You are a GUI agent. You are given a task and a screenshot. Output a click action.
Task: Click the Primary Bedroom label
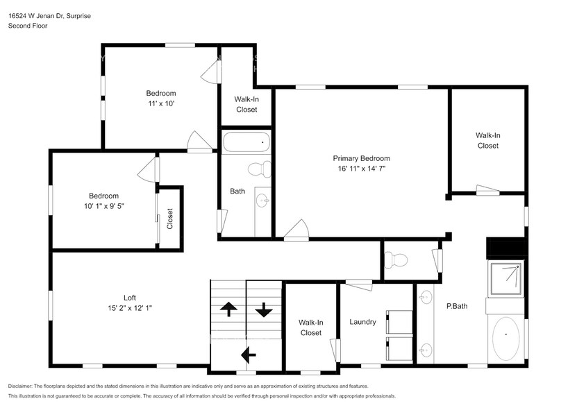tap(361, 158)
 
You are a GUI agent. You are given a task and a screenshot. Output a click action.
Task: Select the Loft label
tap(129, 298)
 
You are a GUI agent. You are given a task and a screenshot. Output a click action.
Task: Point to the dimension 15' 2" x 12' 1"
tap(129, 308)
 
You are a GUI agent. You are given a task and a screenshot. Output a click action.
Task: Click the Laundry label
tap(362, 322)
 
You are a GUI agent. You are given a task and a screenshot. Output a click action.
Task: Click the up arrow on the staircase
tap(228, 309)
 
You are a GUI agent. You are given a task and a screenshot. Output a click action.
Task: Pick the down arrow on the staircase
tap(263, 309)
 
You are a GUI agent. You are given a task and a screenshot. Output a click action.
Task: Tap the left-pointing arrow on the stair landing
tap(247, 355)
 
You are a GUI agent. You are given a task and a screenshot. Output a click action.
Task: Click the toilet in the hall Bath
tap(260, 169)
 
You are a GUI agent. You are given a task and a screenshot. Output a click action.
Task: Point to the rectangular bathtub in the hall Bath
tap(246, 142)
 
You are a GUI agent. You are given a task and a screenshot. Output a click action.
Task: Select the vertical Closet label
tap(170, 219)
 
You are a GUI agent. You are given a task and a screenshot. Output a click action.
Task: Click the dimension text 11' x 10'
tap(160, 103)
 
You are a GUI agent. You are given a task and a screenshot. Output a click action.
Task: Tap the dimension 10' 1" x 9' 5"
tap(103, 206)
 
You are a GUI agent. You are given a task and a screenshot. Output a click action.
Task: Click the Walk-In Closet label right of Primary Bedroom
tap(487, 140)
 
